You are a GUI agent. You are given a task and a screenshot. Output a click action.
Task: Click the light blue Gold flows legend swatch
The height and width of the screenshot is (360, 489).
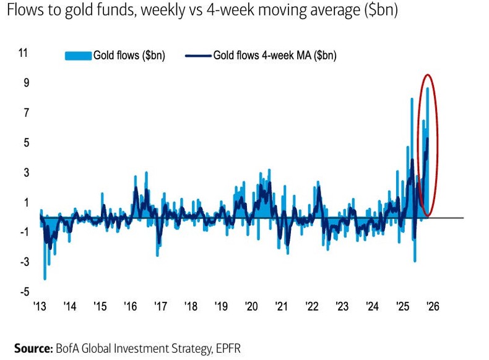point(78,56)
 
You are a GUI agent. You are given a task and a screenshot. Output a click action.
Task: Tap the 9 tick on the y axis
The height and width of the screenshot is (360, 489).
point(25,83)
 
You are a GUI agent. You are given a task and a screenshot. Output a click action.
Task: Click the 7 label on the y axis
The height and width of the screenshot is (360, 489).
point(25,113)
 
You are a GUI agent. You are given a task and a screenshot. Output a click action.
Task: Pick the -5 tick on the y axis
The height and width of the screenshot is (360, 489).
point(23,291)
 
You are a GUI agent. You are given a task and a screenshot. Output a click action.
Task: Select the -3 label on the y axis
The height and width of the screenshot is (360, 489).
point(23,261)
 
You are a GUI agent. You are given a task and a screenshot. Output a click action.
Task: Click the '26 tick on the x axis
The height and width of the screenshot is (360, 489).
point(433,307)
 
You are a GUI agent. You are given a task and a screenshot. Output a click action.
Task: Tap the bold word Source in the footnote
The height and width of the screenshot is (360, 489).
point(32,348)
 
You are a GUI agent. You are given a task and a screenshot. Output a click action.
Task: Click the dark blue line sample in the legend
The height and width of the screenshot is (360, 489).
point(197,56)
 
